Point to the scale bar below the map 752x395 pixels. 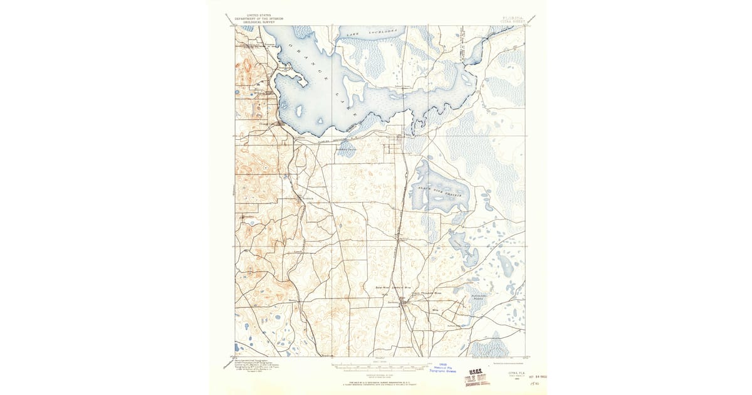point(379,366)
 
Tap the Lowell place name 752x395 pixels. point(298,252)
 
